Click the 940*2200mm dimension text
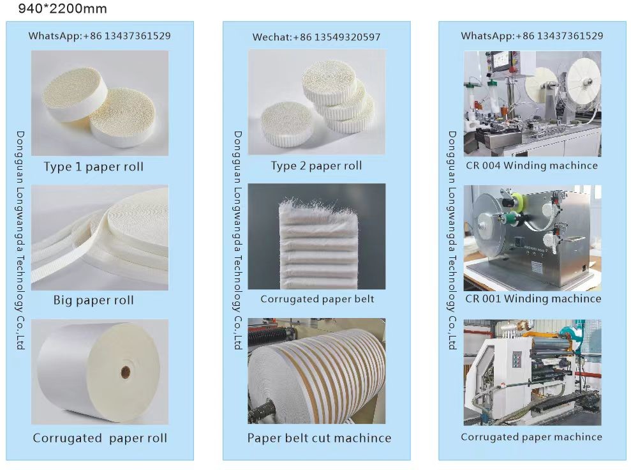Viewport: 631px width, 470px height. tap(63, 8)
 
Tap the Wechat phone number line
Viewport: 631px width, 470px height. tap(316, 37)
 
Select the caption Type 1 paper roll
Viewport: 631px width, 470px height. tap(93, 167)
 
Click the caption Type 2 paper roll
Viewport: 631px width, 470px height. tap(316, 165)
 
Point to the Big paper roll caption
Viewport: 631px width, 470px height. tap(93, 300)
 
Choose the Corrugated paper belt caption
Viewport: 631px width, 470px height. tap(317, 299)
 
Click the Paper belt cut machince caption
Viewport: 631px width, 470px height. tap(319, 438)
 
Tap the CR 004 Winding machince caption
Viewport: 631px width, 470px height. tap(531, 165)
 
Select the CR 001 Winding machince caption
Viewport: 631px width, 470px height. tap(533, 298)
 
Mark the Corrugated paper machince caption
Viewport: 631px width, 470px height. tap(531, 437)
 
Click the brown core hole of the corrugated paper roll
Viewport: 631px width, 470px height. tap(126, 371)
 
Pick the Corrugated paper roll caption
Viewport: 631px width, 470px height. tap(100, 438)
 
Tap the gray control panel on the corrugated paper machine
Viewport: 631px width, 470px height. tap(517, 359)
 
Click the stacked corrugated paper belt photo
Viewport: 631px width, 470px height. tap(316, 236)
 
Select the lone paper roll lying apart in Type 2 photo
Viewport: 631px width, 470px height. tap(286, 123)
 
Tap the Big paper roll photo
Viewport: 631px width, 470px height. tap(100, 238)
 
